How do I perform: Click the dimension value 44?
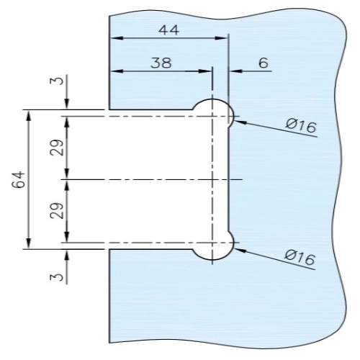pyautogui.click(x=169, y=30)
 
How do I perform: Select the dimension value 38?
pyautogui.click(x=161, y=63)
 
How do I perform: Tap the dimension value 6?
pyautogui.click(x=264, y=63)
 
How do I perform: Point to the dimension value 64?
pyautogui.click(x=19, y=179)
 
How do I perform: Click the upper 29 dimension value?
pyautogui.click(x=57, y=148)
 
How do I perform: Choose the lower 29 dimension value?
pyautogui.click(x=57, y=211)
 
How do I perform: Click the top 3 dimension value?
pyautogui.click(x=57, y=81)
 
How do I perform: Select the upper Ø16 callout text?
pyautogui.click(x=301, y=125)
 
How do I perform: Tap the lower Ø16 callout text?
pyautogui.click(x=300, y=258)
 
